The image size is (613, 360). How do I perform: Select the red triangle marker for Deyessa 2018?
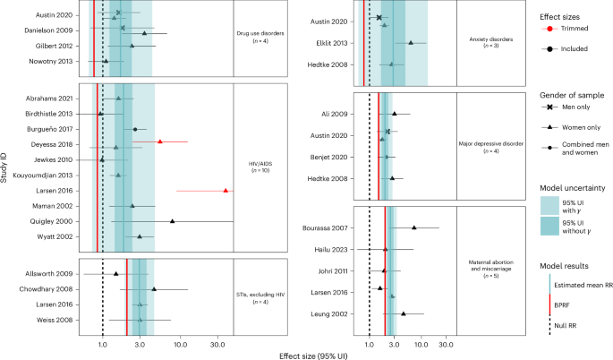pos(160,141)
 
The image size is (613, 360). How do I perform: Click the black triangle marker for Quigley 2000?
pos(173,220)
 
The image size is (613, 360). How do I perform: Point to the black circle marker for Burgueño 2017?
pos(135,129)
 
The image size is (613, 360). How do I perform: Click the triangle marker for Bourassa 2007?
pos(413,227)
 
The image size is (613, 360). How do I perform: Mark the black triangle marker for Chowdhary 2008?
pos(154,289)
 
